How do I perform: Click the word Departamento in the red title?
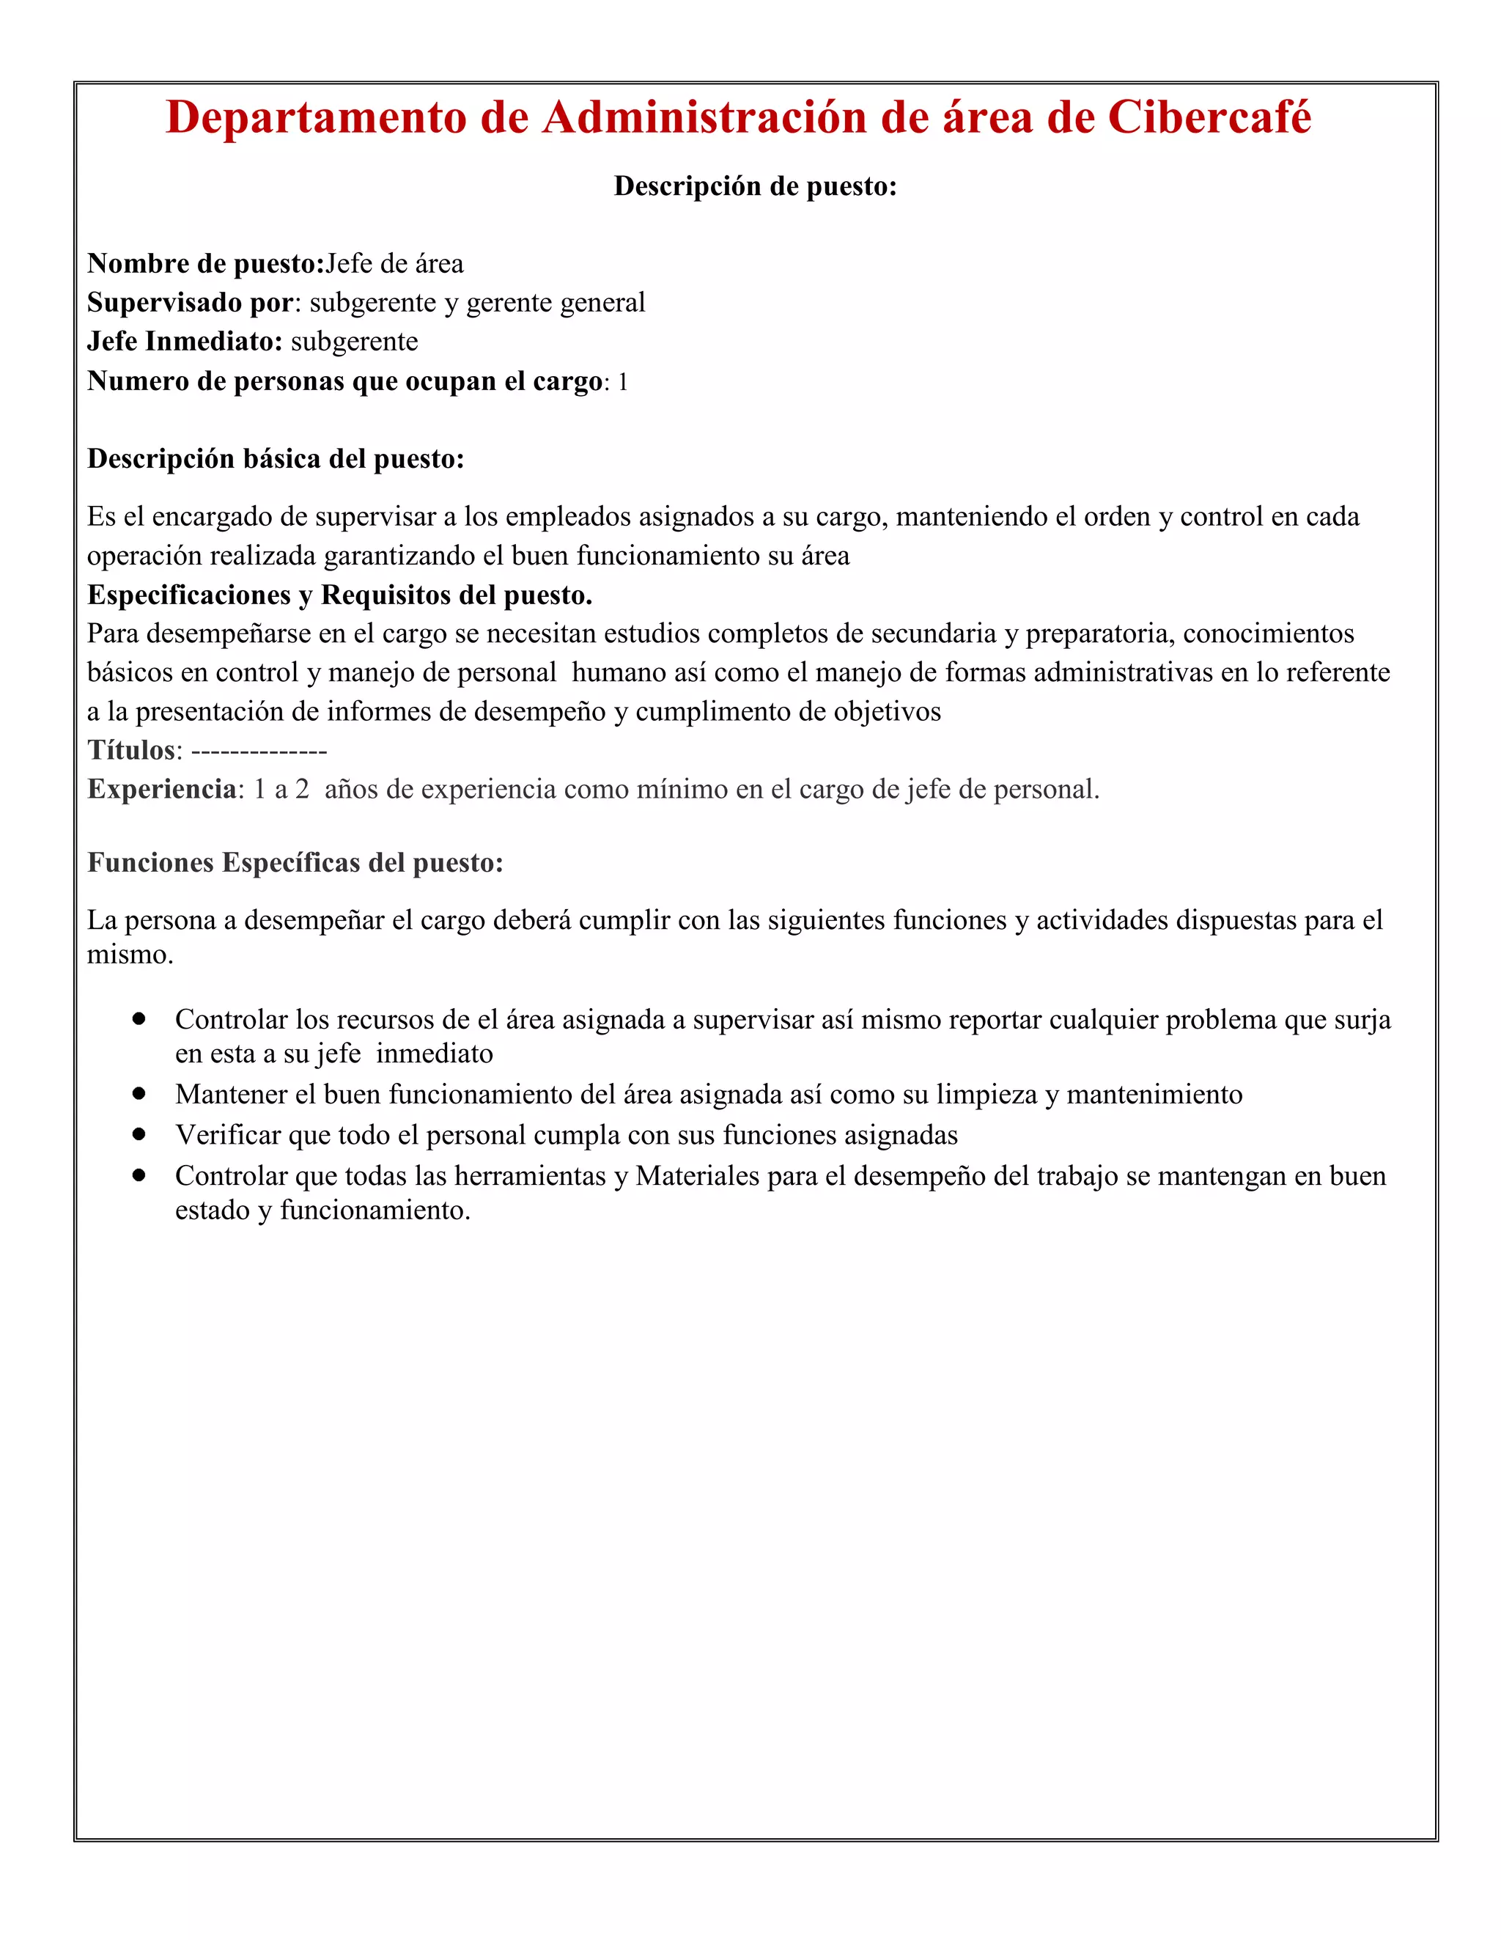pyautogui.click(x=315, y=117)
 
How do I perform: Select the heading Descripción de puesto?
pyautogui.click(x=755, y=185)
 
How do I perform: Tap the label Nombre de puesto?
pyautogui.click(x=205, y=264)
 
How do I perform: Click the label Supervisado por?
pyautogui.click(x=190, y=303)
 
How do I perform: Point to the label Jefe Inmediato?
pyautogui.click(x=185, y=342)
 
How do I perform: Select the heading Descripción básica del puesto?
pyautogui.click(x=276, y=459)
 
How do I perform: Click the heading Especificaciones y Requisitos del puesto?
pyautogui.click(x=339, y=595)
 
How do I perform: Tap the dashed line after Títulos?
pyautogui.click(x=259, y=752)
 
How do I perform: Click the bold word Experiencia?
pyautogui.click(x=162, y=790)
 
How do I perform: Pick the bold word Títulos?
pyautogui.click(x=130, y=751)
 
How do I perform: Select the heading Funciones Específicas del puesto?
pyautogui.click(x=295, y=864)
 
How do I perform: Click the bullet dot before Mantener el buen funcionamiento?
pyautogui.click(x=139, y=1093)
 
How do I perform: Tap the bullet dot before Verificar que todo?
pyautogui.click(x=139, y=1134)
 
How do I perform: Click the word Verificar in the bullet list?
pyautogui.click(x=227, y=1135)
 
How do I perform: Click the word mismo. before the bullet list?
pyautogui.click(x=130, y=956)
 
